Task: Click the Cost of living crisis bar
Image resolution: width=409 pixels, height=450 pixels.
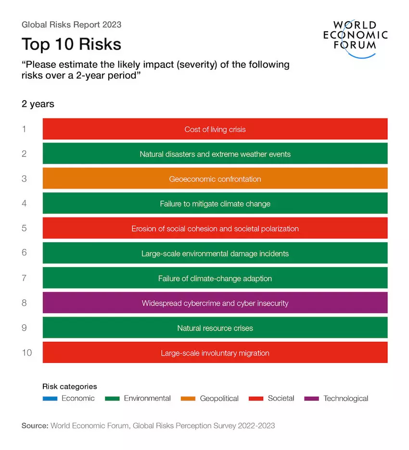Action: (215, 129)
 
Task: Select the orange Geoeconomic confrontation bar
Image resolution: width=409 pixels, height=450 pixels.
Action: (215, 179)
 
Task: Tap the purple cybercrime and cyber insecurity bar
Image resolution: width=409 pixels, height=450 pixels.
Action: (215, 303)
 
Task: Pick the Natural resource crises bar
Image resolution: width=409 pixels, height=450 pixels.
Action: (215, 328)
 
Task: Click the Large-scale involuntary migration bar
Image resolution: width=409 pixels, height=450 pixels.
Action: (215, 353)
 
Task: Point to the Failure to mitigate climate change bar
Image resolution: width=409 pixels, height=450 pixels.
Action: (215, 204)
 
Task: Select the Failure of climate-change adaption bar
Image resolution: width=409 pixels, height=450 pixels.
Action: (215, 278)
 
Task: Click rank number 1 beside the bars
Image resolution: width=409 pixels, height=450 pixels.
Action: (24, 129)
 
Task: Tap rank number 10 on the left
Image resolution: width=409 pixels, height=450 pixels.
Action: (26, 353)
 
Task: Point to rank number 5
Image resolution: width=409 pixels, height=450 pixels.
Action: (24, 229)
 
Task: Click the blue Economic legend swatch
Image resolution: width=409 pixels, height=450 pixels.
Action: (50, 399)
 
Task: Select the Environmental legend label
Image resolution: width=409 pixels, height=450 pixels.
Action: (147, 399)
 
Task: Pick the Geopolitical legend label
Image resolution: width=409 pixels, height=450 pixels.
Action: (219, 399)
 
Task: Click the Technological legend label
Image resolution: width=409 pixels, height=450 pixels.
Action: (345, 399)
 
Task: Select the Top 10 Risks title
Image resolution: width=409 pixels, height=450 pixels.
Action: (71, 44)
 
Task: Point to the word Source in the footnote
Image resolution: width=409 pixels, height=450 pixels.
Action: (35, 425)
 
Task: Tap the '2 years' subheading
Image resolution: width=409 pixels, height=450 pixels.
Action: (38, 104)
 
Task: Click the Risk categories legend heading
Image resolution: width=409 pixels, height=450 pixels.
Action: (70, 386)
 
